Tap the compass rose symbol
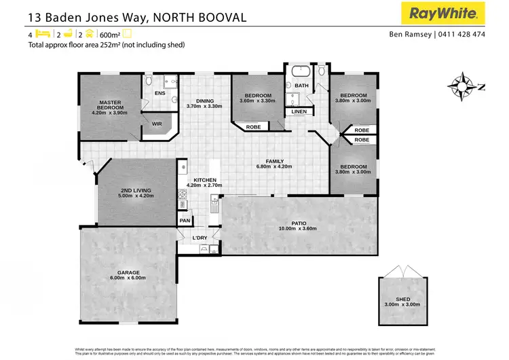(x=464, y=86)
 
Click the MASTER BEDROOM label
(x=110, y=105)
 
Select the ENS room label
(x=160, y=93)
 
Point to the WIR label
(x=157, y=124)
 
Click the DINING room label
(x=204, y=99)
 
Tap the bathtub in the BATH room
(x=300, y=72)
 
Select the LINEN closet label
(x=299, y=111)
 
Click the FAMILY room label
(x=274, y=161)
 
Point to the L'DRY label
(x=200, y=237)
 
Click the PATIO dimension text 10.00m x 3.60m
(x=297, y=229)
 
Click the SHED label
(x=403, y=299)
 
